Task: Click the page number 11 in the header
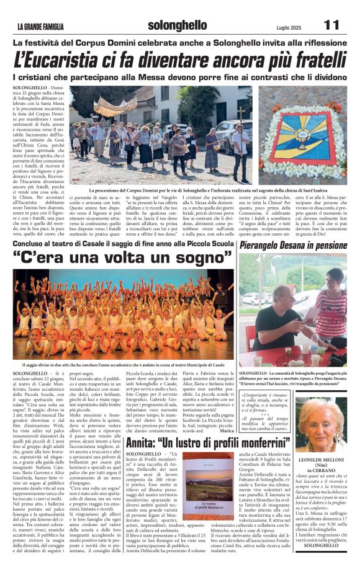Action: click(x=331, y=25)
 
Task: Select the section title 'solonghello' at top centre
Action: click(x=178, y=25)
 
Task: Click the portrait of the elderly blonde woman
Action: click(x=321, y=424)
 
